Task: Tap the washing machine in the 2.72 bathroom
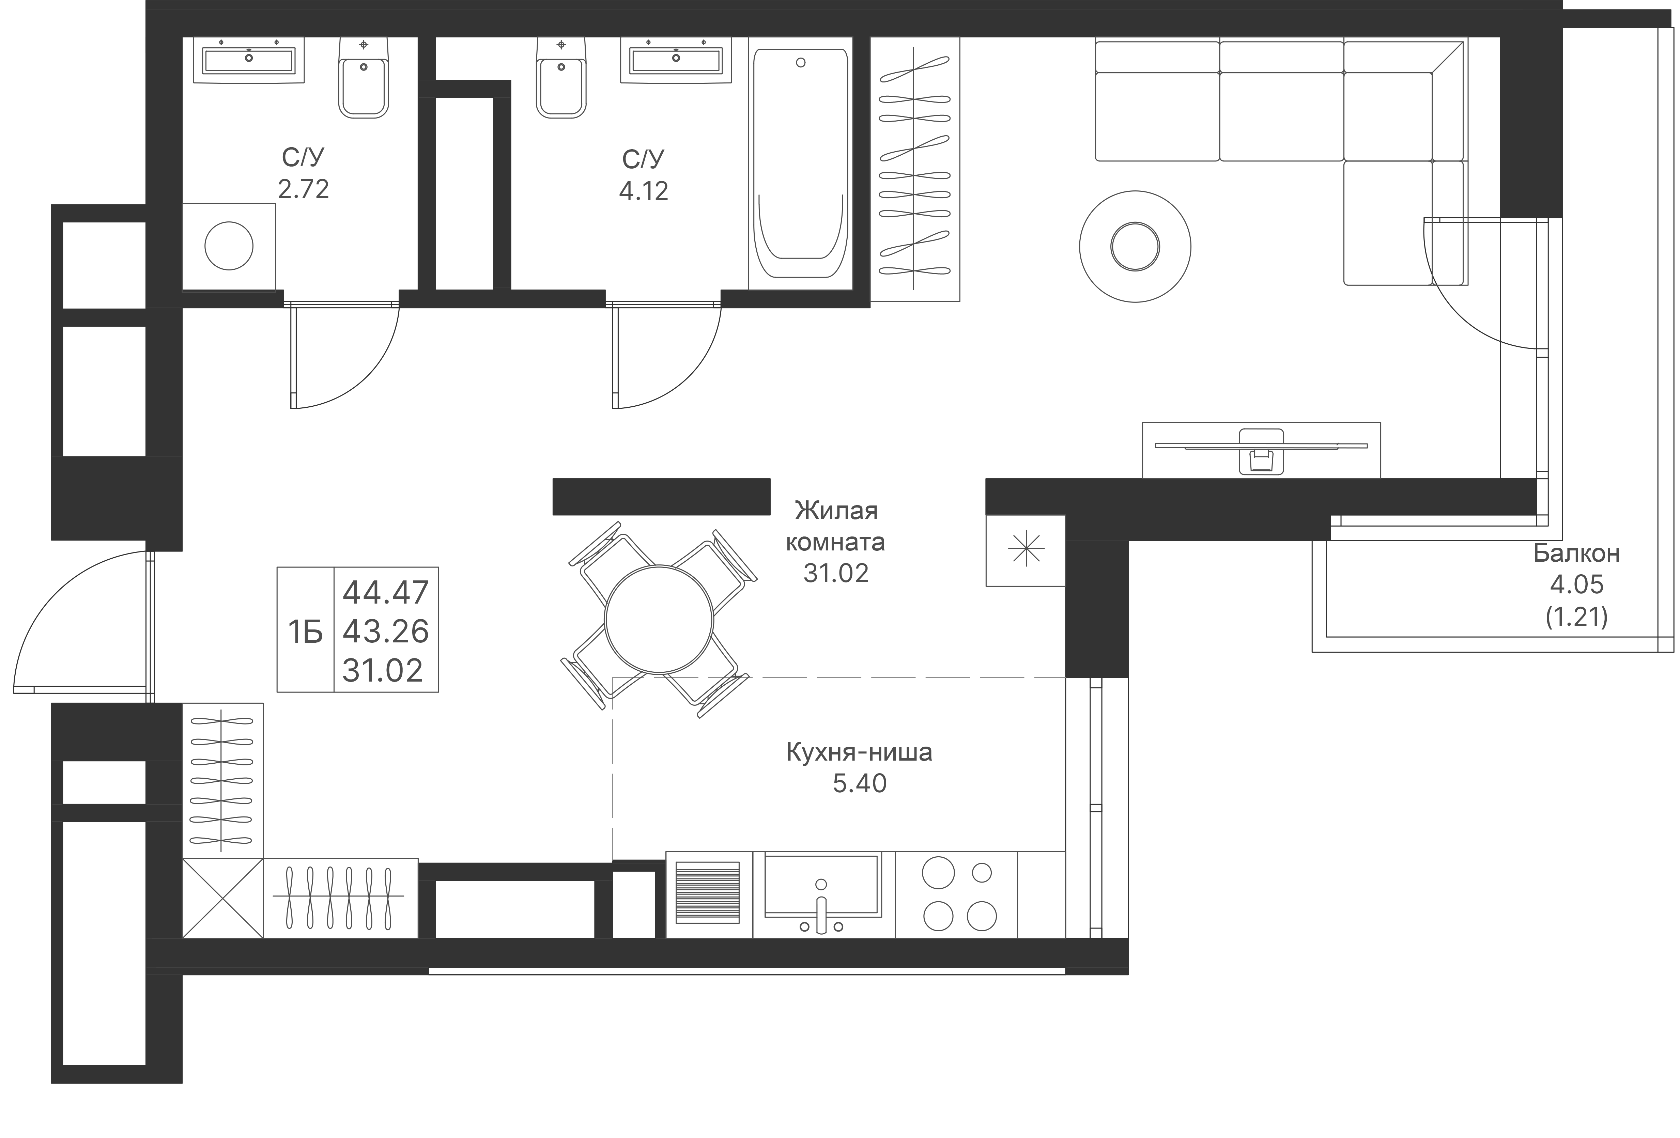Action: click(x=228, y=246)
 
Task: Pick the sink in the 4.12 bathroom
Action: click(x=675, y=59)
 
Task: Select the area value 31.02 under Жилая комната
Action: click(x=836, y=573)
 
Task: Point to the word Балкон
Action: click(x=1576, y=554)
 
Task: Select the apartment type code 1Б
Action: click(x=305, y=632)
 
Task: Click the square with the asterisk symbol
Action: click(x=1025, y=550)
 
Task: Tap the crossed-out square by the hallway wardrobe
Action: click(x=222, y=898)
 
